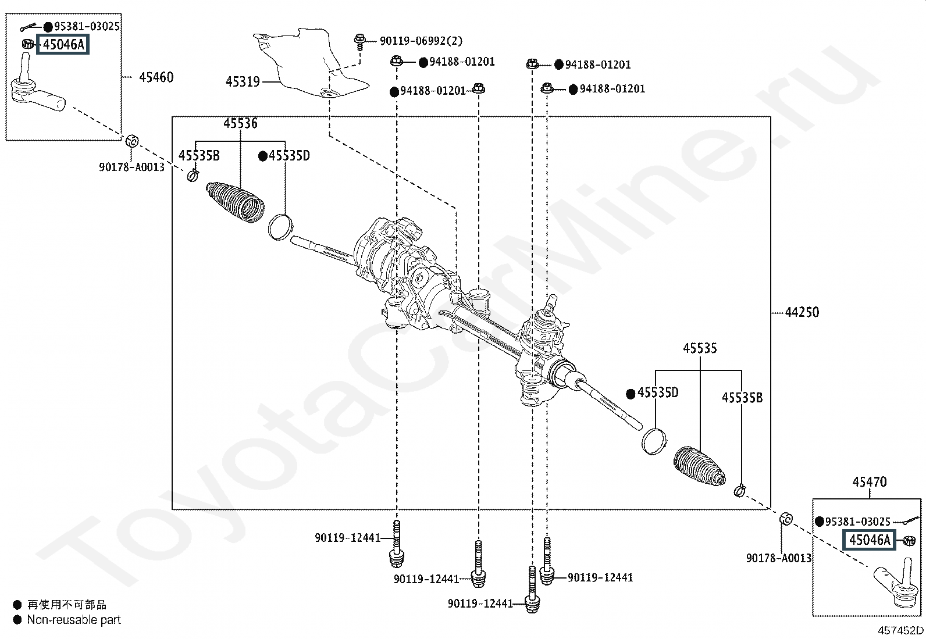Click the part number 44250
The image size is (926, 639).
(802, 312)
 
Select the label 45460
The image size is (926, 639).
(156, 77)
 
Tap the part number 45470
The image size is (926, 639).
(870, 482)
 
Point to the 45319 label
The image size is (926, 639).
(243, 82)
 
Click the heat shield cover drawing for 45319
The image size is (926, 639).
(310, 63)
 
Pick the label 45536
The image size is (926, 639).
(241, 123)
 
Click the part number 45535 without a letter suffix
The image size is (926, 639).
(700, 348)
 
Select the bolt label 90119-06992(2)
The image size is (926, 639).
(421, 41)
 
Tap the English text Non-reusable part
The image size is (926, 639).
(74, 620)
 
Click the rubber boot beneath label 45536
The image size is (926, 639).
(235, 201)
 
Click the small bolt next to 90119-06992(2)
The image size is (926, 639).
(359, 42)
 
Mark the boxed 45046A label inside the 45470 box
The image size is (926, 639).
(870, 540)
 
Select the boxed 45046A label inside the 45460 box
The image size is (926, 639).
(63, 44)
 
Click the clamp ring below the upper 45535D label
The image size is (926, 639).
(281, 227)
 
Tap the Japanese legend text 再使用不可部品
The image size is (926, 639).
(66, 605)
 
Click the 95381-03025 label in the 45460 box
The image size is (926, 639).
(87, 26)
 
